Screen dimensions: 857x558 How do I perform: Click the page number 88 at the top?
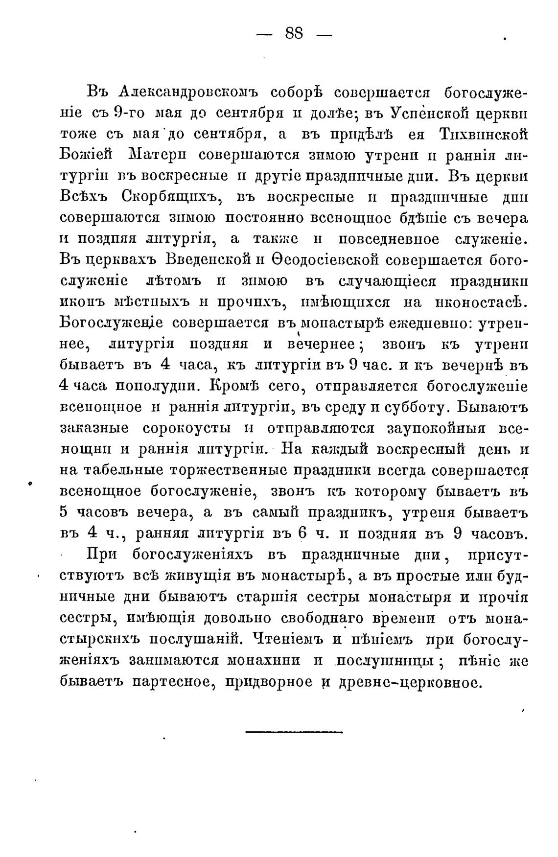(x=294, y=35)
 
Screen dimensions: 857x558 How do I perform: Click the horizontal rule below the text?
(x=294, y=732)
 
